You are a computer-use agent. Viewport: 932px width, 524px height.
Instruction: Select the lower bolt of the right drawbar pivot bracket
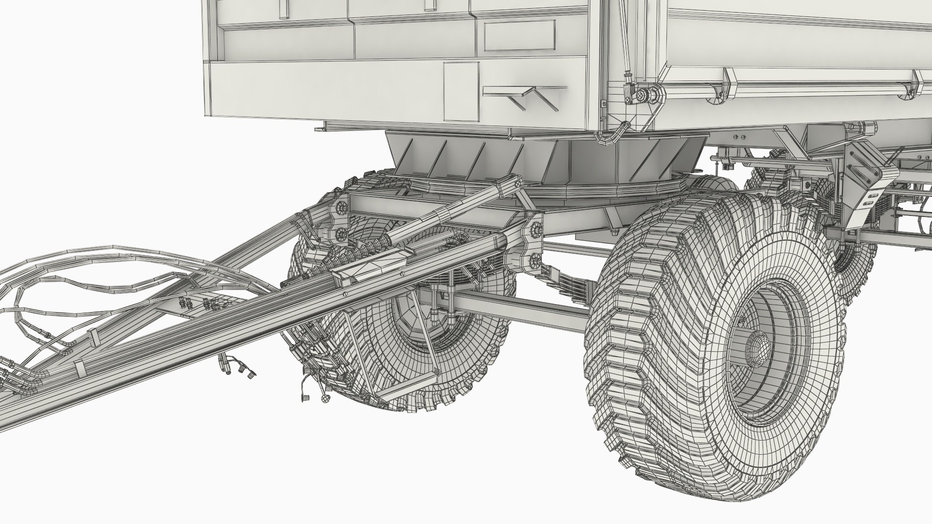point(536,261)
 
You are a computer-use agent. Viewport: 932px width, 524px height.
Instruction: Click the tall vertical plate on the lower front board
point(461,92)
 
